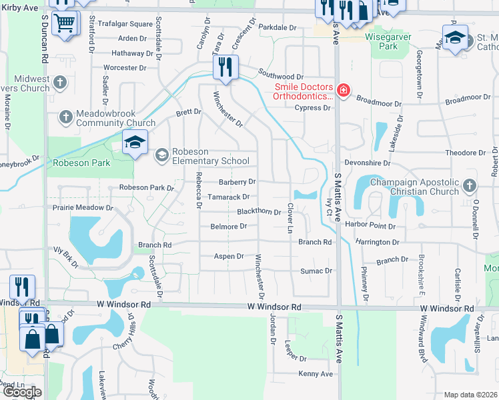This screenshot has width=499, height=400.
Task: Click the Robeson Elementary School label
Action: pos(211,155)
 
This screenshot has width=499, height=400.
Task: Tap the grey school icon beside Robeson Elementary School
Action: pos(161,155)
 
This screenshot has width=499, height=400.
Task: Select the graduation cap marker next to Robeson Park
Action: pos(135,143)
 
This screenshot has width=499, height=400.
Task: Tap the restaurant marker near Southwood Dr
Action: pos(225,67)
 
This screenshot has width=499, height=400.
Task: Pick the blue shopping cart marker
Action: pos(65,23)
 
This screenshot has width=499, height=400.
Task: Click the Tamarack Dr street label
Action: pos(227,197)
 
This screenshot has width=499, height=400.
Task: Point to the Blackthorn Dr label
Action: pos(259,211)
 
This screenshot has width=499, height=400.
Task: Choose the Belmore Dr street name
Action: pos(229,227)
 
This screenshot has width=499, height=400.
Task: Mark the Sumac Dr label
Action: pos(316,271)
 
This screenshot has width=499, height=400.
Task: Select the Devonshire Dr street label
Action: pos(366,163)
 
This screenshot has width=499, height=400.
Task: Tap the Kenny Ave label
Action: pos(316,374)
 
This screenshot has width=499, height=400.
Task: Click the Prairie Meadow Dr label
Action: pos(87,207)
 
